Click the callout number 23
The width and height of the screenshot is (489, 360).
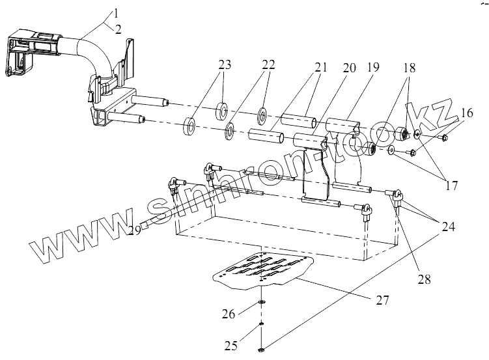[225, 64]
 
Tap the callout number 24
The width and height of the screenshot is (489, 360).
[448, 227]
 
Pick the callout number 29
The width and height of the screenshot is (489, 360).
[134, 231]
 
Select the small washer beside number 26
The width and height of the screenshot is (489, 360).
[261, 303]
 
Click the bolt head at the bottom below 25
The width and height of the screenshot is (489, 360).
[260, 350]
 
